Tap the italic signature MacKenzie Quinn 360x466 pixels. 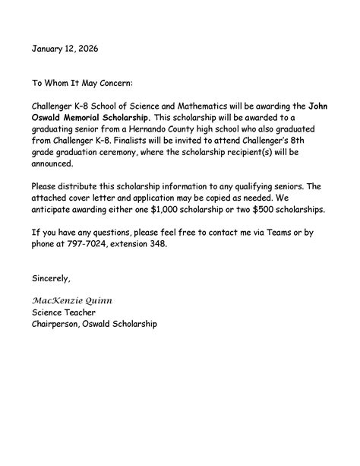point(71,300)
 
